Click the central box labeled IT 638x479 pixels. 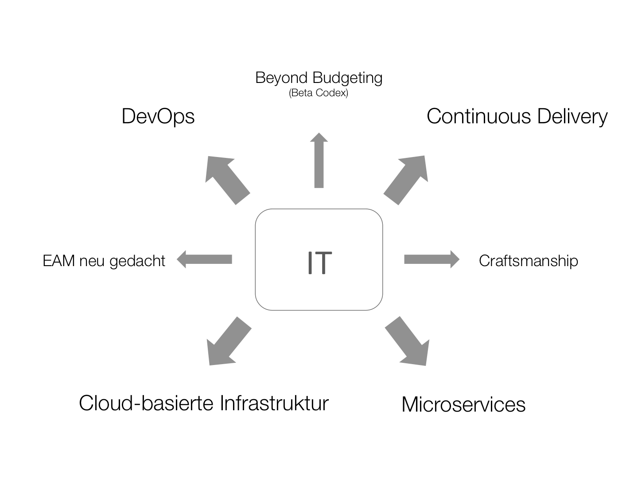[319, 259]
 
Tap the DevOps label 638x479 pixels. [158, 116]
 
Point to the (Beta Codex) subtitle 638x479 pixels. [319, 93]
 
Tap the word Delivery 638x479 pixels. [572, 116]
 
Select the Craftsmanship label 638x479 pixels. [528, 260]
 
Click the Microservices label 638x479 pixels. [463, 404]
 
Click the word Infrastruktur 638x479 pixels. [274, 403]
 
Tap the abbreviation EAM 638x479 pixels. [58, 260]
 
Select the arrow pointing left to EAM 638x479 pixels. [205, 259]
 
